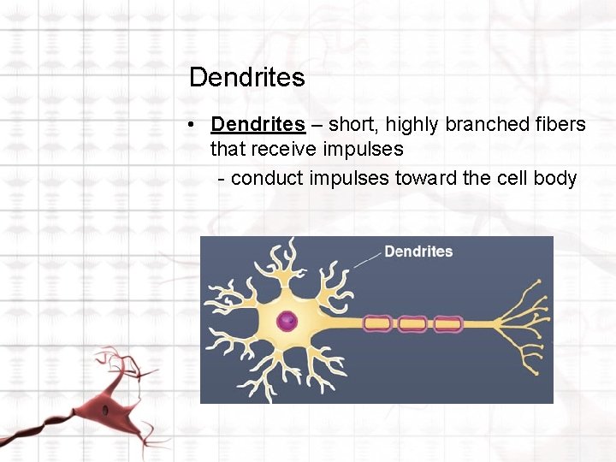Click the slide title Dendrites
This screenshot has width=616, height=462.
pyautogui.click(x=246, y=78)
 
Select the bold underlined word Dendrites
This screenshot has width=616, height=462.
pyautogui.click(x=258, y=125)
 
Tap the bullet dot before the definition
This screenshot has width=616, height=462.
pyautogui.click(x=195, y=125)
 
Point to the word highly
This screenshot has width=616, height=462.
pyautogui.click(x=413, y=125)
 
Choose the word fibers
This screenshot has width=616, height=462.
pyautogui.click(x=561, y=125)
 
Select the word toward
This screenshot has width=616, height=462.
pyautogui.click(x=423, y=179)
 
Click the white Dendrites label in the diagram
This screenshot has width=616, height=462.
pyautogui.click(x=418, y=252)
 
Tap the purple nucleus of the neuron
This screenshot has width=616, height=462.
pyautogui.click(x=287, y=322)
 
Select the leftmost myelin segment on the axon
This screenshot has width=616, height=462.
pyautogui.click(x=377, y=324)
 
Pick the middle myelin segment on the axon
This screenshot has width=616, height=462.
pyautogui.click(x=412, y=324)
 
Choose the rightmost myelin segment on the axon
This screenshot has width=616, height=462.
pyautogui.click(x=447, y=324)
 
